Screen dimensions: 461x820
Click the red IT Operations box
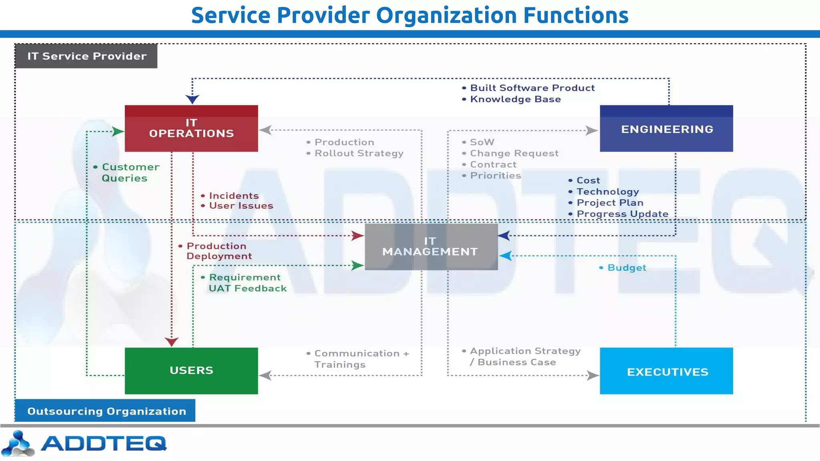pos(191,128)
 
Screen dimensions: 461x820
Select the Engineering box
pos(666,128)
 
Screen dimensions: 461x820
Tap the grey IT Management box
pos(431,247)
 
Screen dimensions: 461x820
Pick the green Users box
pos(191,371)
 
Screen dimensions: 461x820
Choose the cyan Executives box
pos(666,371)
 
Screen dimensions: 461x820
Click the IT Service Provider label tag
pos(86,56)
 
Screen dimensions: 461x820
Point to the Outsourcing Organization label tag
pos(106,411)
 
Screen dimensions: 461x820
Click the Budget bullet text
pos(626,268)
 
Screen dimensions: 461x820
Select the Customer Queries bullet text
pos(128,172)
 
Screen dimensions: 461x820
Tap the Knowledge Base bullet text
pos(515,99)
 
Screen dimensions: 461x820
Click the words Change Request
pos(514,153)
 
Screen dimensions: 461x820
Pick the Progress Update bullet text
pos(622,214)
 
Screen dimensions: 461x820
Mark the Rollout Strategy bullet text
pos(358,153)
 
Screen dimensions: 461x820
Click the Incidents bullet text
pos(233,196)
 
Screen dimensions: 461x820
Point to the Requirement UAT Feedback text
pos(247,283)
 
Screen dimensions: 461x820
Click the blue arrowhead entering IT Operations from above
pos(192,99)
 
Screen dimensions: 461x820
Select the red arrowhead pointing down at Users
pos(171,342)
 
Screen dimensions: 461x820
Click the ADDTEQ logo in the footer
pos(84,443)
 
